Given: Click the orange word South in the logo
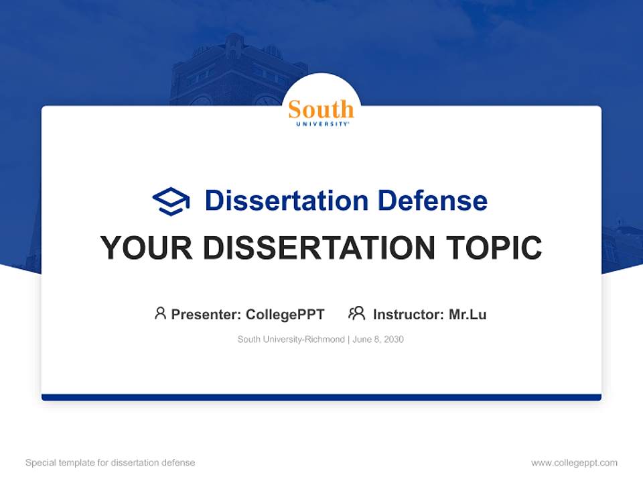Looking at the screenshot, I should [x=321, y=109].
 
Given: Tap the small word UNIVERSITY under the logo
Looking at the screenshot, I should [x=321, y=124].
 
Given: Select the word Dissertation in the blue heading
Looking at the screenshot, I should [x=286, y=201].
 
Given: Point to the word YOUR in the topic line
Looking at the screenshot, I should [x=146, y=248].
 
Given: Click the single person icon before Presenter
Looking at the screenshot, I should [x=160, y=313].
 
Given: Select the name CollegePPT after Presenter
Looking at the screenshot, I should [x=285, y=315].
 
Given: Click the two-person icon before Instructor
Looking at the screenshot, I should [x=357, y=313].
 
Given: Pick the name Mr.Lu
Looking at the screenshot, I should [x=468, y=315].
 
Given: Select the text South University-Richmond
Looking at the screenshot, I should [x=290, y=339].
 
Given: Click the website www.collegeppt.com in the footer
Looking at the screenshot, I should [x=574, y=463].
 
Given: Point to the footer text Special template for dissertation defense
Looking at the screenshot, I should [x=111, y=463].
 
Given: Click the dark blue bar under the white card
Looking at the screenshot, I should [x=321, y=397].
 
